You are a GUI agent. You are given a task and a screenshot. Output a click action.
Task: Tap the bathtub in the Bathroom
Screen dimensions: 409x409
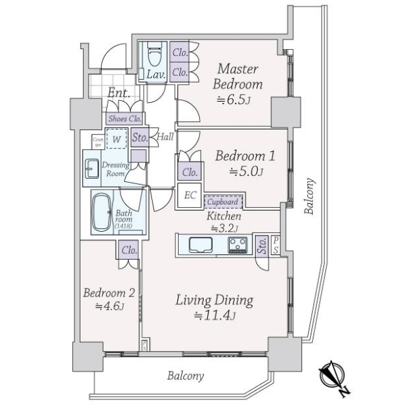pyautogui.click(x=102, y=212)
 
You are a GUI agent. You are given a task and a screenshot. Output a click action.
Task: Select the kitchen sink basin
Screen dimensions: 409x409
pyautogui.click(x=200, y=245)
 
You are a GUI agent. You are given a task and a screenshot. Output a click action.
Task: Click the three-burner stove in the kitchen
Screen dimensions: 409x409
pyautogui.click(x=238, y=245)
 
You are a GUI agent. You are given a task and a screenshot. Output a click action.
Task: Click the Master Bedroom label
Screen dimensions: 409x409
pyautogui.click(x=238, y=76)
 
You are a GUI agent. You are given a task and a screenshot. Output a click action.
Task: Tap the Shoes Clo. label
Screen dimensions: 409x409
pyautogui.click(x=125, y=119)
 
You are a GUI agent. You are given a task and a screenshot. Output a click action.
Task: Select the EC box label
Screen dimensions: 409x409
pyautogui.click(x=190, y=195)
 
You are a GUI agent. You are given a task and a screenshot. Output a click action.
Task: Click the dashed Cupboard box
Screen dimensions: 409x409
pyautogui.click(x=223, y=202)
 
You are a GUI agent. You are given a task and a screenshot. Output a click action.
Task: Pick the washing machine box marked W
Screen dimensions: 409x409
pyautogui.click(x=117, y=139)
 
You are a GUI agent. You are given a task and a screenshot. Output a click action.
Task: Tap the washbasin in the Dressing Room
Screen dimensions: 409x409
pyautogui.click(x=92, y=168)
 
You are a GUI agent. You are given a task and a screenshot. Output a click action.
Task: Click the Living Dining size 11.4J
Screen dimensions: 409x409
pyautogui.click(x=215, y=316)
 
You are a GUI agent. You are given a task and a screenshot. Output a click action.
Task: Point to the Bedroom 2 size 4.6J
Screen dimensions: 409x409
pyautogui.click(x=109, y=305)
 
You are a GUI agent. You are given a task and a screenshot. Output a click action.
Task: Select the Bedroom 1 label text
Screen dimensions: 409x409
pyautogui.click(x=245, y=156)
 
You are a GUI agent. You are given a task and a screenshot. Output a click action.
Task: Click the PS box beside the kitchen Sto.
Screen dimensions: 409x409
pyautogui.click(x=275, y=245)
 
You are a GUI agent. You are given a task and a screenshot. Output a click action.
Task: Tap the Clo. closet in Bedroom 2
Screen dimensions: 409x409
pyautogui.click(x=129, y=250)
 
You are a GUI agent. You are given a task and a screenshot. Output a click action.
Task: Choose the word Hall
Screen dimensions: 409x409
pyautogui.click(x=166, y=136)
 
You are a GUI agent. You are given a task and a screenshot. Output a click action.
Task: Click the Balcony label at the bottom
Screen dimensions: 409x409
pyautogui.click(x=185, y=376)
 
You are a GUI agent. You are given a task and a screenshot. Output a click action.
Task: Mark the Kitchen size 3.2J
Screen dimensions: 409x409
pyautogui.click(x=224, y=229)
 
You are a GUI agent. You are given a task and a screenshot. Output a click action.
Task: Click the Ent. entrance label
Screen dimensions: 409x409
pyautogui.click(x=119, y=93)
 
